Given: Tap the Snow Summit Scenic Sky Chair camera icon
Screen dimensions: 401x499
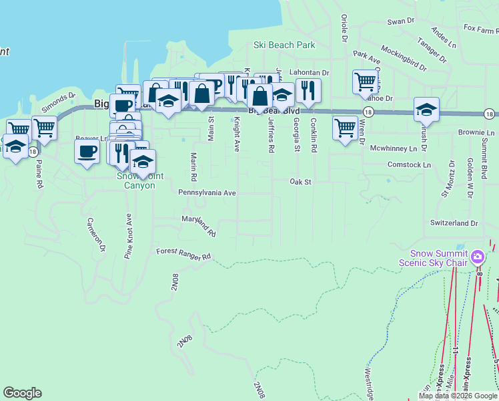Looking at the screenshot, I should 478,257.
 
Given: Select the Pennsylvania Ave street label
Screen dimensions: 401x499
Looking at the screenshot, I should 207,192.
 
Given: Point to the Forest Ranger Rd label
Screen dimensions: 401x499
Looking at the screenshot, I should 183,254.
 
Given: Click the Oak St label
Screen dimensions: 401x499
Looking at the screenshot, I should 301,181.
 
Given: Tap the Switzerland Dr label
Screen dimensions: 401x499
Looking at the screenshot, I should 454,223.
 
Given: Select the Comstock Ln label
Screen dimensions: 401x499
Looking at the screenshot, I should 409,164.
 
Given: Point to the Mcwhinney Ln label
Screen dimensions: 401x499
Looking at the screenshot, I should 394,148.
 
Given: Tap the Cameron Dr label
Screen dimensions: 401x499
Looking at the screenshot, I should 95,235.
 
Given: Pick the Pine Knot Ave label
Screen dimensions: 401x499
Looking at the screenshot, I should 127,237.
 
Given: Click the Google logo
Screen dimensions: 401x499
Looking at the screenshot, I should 22,393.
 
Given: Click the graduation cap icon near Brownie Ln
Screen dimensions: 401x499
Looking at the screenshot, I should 426,108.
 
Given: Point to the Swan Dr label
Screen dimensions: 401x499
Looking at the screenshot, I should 401,21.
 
